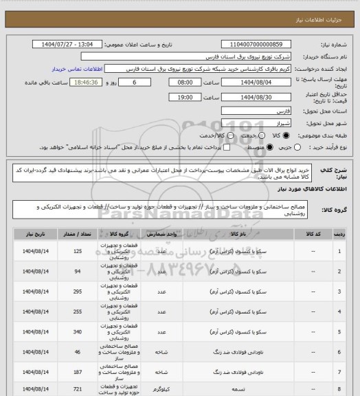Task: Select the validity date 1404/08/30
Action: pyautogui.click(x=251, y=98)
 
